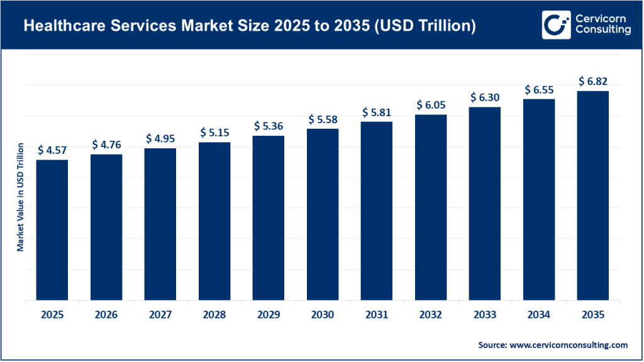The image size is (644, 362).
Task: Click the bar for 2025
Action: [x=52, y=230]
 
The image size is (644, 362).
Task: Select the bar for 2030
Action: [x=322, y=214]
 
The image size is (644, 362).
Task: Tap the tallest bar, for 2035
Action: [x=592, y=195]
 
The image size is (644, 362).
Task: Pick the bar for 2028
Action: [x=214, y=221]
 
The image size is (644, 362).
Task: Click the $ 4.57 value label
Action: [x=52, y=150]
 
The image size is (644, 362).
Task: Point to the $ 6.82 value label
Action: [x=592, y=81]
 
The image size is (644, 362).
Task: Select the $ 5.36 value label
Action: [x=269, y=126]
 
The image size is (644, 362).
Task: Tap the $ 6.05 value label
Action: [x=430, y=105]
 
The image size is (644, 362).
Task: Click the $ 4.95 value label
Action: [x=160, y=138]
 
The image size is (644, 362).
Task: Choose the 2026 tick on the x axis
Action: [x=106, y=315]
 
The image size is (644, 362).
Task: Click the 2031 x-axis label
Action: [x=377, y=315]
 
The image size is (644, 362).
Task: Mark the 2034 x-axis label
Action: [x=539, y=315]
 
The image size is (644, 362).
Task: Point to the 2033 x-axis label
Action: [x=485, y=315]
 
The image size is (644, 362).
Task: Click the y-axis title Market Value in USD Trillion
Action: [x=20, y=197]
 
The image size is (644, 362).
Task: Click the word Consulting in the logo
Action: [x=602, y=31]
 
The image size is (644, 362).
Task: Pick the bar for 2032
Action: [x=430, y=207]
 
